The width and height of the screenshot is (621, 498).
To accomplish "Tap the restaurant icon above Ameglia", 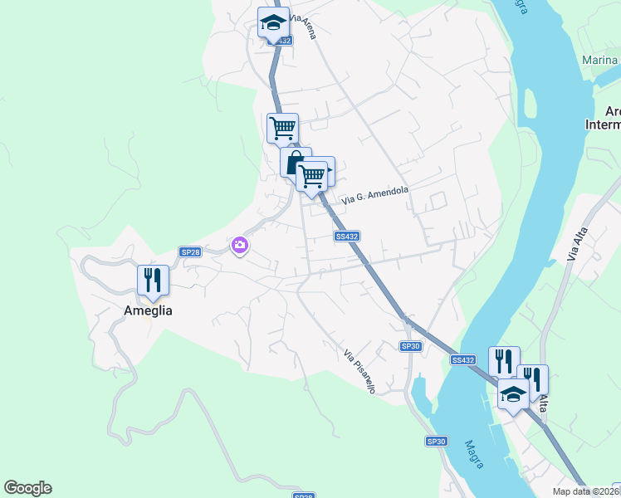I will pyautogui.click(x=153, y=280).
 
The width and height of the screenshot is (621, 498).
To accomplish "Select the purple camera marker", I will pyautogui.click(x=240, y=244).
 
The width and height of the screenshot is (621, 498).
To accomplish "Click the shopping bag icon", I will pyautogui.click(x=295, y=162).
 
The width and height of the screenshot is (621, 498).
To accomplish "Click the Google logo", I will pyautogui.click(x=27, y=488).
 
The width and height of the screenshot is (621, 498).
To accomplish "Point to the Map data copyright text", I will pyautogui.click(x=586, y=491).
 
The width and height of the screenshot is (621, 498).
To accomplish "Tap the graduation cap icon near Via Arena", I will pyautogui.click(x=273, y=22).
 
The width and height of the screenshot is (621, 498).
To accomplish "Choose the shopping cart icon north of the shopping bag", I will pyautogui.click(x=282, y=128).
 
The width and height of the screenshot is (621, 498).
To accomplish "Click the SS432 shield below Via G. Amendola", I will pyautogui.click(x=347, y=237).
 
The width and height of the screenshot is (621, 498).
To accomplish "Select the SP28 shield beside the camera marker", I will pyautogui.click(x=190, y=252).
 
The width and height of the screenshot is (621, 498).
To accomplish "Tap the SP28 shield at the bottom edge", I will pyautogui.click(x=304, y=496).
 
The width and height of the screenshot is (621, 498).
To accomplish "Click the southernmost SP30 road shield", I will pyautogui.click(x=437, y=442).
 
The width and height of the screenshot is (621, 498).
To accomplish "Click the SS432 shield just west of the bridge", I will pyautogui.click(x=463, y=359).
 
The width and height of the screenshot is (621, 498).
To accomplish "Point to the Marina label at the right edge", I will pyautogui.click(x=599, y=60).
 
